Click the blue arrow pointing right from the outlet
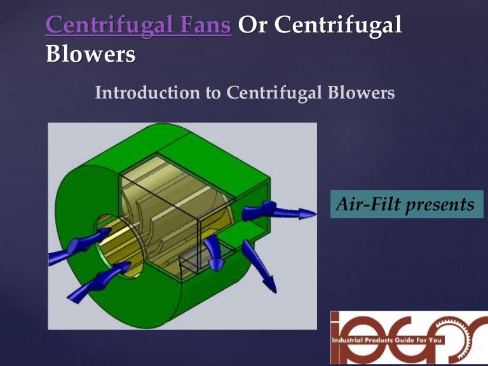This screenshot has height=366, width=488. click(286, 211)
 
